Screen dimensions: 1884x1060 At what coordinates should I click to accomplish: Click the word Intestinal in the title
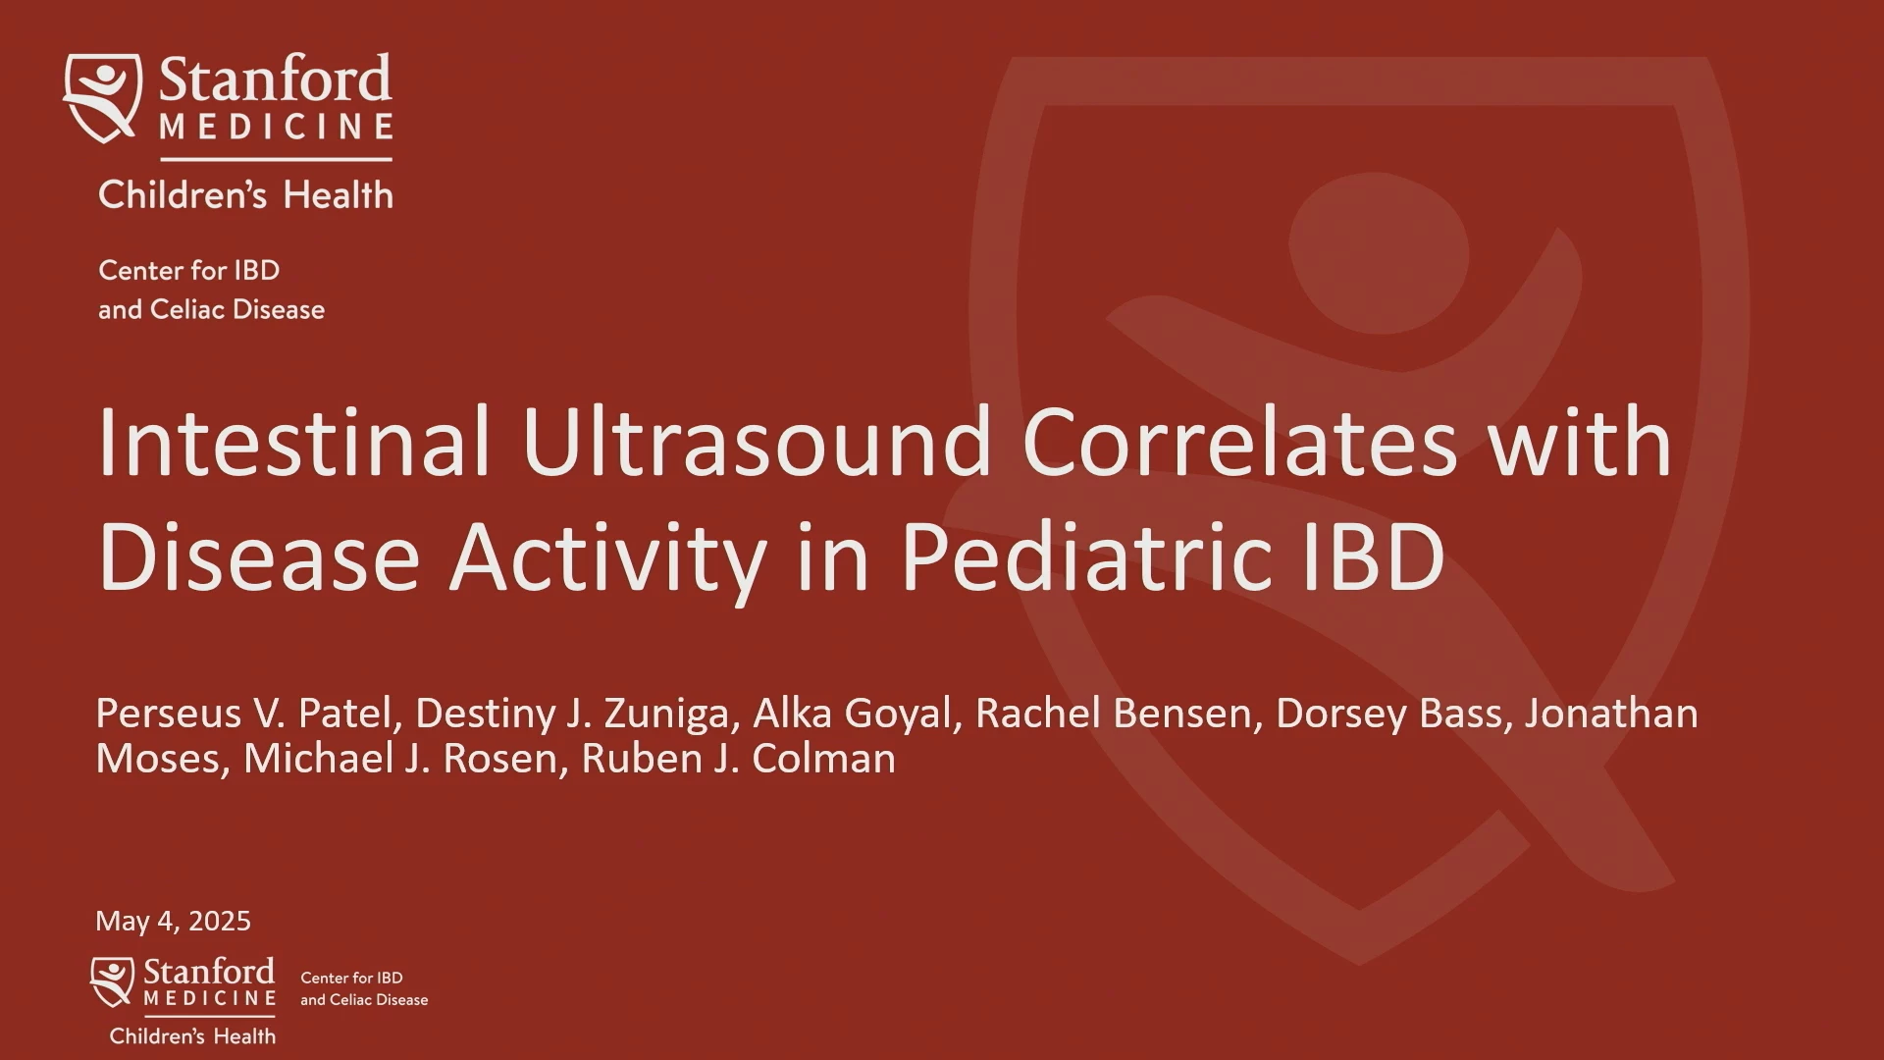293,443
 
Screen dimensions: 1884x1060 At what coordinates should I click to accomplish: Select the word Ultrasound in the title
757,443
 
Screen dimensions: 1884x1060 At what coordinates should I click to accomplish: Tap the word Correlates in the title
1239,443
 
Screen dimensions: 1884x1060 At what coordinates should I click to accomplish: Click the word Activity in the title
607,559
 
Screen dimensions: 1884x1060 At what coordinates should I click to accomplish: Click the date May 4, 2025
173,921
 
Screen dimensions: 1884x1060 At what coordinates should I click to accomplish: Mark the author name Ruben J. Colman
738,759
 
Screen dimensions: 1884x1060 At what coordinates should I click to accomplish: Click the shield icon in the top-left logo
102,97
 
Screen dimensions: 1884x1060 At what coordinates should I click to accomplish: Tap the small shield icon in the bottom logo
112,981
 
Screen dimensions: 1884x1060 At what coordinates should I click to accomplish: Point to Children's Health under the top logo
245,194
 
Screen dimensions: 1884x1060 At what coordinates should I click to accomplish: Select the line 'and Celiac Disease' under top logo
211,310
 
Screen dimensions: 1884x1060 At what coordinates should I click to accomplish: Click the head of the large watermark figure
1379,253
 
